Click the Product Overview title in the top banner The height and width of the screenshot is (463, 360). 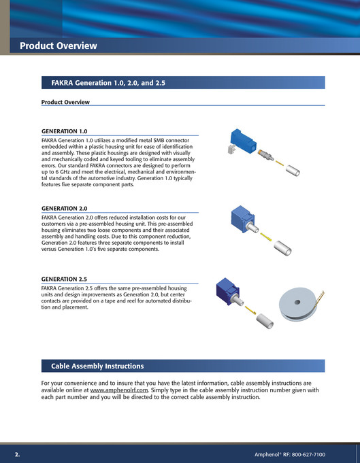pos(59,46)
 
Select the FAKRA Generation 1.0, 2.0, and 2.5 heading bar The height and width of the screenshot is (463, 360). pos(108,83)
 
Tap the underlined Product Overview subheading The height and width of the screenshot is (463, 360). pos(65,102)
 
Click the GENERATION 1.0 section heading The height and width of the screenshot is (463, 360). pos(65,131)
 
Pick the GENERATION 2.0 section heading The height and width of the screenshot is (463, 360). pos(65,209)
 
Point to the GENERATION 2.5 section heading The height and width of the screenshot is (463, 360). pos(65,279)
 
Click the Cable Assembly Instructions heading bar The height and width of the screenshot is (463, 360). pos(97,366)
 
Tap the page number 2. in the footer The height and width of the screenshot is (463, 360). pos(18,453)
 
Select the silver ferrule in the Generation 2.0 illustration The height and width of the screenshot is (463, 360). pos(282,250)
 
